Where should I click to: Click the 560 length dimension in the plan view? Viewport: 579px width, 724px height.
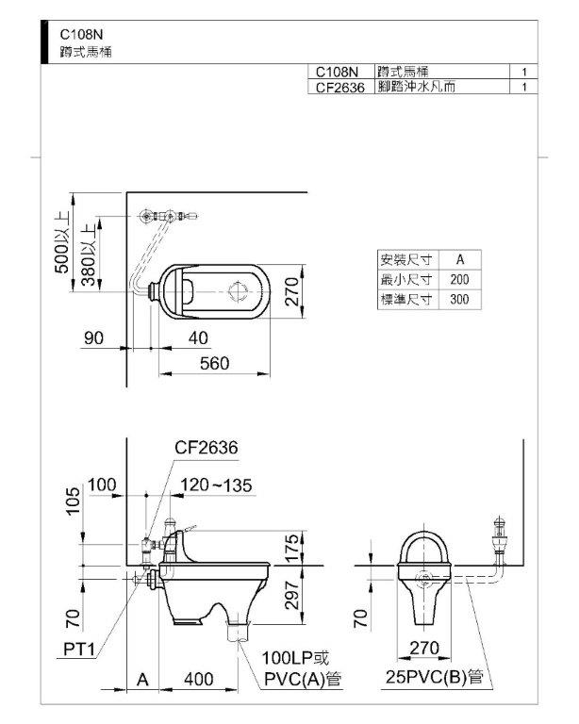(x=215, y=363)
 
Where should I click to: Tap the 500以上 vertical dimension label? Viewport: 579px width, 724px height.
(x=62, y=242)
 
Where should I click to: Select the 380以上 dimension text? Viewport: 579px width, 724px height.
(x=89, y=255)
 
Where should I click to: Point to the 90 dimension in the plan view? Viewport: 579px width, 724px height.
(x=93, y=338)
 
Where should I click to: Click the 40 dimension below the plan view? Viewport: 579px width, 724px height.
(x=198, y=338)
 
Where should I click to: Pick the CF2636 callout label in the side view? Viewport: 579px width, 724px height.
(x=207, y=447)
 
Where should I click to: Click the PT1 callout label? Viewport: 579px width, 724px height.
(x=79, y=650)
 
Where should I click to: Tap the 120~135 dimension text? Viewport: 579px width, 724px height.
(x=216, y=485)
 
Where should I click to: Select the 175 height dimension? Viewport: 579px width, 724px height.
(x=292, y=548)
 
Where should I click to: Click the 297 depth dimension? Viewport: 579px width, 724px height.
(x=292, y=595)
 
